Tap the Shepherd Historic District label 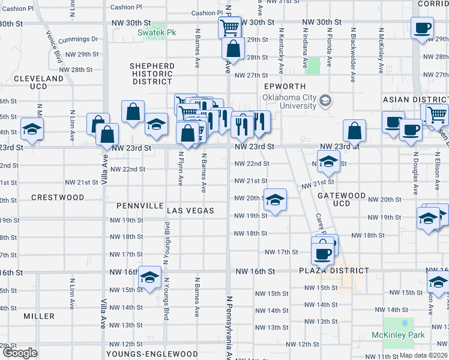coord(152,74)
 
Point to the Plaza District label coord(334,271)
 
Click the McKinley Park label coord(398,335)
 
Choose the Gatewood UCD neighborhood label coord(342,199)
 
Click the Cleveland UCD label coord(38,83)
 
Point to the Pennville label coord(140,206)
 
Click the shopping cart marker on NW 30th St coord(229,27)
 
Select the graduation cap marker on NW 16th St coord(150,277)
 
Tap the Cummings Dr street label coord(79,39)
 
